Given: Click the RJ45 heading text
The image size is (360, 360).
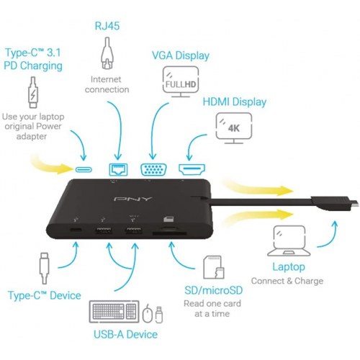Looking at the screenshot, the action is (x=107, y=26).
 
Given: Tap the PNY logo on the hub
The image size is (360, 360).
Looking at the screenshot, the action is (x=132, y=199).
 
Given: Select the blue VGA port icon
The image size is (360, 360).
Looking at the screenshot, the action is (x=154, y=169).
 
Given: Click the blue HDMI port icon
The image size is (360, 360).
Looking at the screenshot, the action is (x=192, y=169).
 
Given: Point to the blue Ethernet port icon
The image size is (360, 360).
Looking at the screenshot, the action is (x=118, y=169).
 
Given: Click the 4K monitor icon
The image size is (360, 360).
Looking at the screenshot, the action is (x=234, y=128).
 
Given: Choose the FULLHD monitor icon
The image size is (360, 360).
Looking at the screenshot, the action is (x=181, y=81).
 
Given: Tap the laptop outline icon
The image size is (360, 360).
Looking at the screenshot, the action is (x=289, y=240).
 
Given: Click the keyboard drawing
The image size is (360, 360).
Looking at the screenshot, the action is (x=114, y=311).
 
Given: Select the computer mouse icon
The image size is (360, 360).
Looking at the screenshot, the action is (x=148, y=313).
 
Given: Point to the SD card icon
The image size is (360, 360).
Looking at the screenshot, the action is (x=214, y=267).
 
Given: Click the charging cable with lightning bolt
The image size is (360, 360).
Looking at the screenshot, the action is (x=33, y=92).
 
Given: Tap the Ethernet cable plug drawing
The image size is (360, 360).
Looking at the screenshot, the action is (x=107, y=53).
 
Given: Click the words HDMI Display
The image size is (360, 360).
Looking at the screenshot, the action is (x=235, y=102).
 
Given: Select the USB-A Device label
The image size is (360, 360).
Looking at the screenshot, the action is (x=125, y=334).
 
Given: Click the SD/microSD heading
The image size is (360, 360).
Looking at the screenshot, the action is (x=214, y=290).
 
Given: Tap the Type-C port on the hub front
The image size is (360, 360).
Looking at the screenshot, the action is (x=76, y=230).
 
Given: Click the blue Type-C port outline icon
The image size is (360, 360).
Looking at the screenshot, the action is (x=84, y=170).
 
